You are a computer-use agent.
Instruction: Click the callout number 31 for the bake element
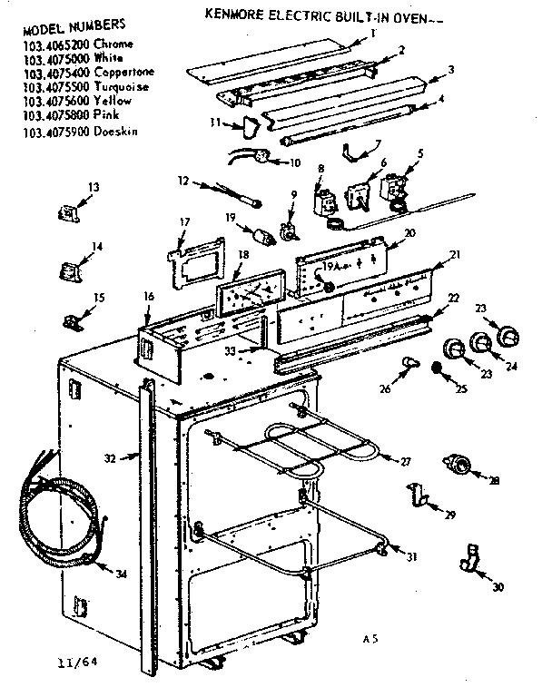click(412, 556)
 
